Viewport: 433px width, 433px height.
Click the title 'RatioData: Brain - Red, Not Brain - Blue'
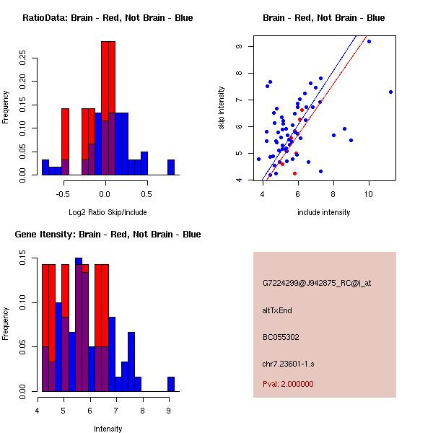click(108, 18)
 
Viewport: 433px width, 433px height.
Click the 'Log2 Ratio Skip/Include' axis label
click(104, 212)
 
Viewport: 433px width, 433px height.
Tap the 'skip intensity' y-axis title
click(222, 108)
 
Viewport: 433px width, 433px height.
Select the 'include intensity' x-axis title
click(324, 212)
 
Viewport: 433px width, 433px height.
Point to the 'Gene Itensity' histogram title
click(108, 235)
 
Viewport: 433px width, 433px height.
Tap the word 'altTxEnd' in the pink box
click(278, 310)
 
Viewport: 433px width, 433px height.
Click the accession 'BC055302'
click(281, 337)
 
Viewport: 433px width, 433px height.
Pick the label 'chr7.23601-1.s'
click(288, 363)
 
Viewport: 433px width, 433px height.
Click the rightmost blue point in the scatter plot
click(390, 92)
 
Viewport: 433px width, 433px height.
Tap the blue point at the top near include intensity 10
click(369, 41)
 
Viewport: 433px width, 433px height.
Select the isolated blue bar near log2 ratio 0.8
click(171, 167)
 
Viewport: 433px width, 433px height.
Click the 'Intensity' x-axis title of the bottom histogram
click(108, 429)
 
